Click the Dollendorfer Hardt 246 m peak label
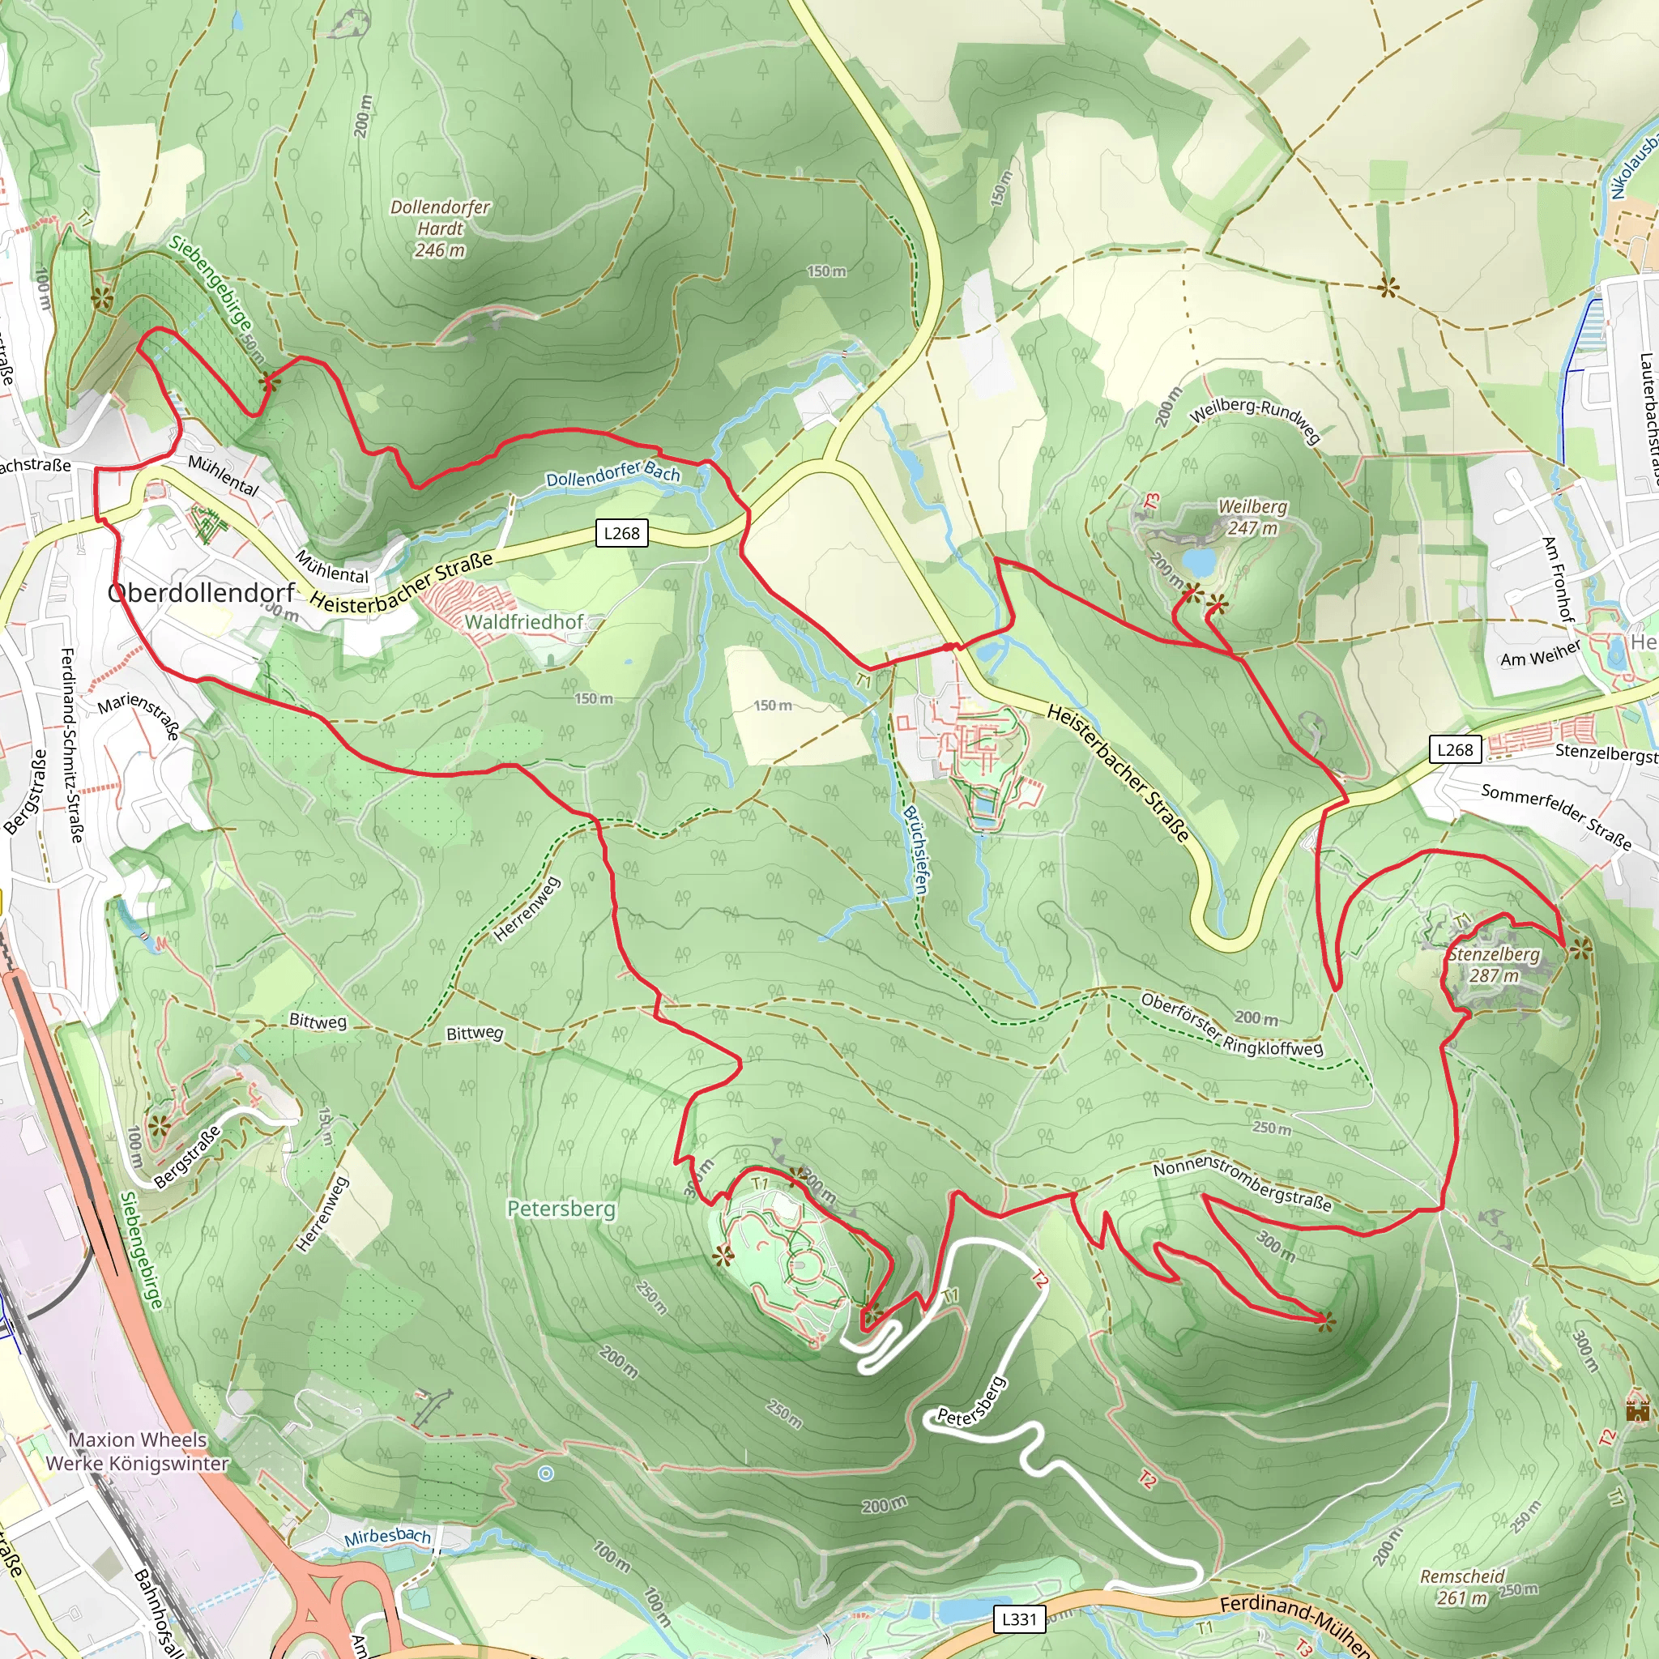[x=440, y=228]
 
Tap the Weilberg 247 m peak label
[x=1252, y=517]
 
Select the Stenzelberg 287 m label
[x=1493, y=964]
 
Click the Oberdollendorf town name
[x=201, y=592]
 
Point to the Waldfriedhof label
[x=524, y=621]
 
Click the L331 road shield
[x=1019, y=1618]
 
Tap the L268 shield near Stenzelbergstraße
[x=1455, y=749]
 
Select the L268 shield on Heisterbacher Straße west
[x=621, y=532]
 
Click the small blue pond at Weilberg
[x=1199, y=562]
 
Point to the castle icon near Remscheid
[x=1637, y=1410]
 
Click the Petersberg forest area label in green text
[x=561, y=1208]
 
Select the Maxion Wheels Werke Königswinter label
[x=138, y=1451]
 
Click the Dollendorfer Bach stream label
[x=612, y=473]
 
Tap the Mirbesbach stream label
[x=387, y=1536]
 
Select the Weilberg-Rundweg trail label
[x=1254, y=419]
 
